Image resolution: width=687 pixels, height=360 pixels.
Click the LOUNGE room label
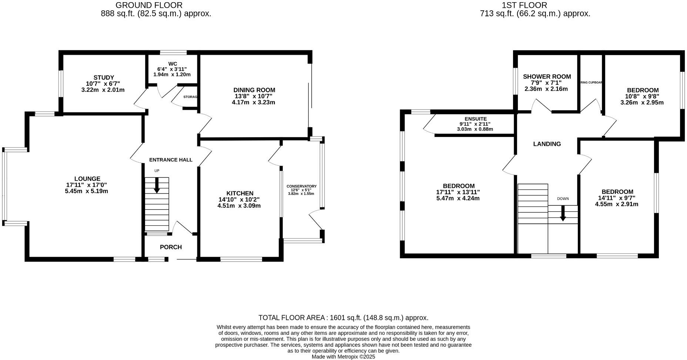(x=87, y=179)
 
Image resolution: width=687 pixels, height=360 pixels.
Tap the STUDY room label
(x=104, y=78)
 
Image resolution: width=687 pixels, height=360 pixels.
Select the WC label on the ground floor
(x=172, y=64)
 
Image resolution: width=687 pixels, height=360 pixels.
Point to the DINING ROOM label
(x=254, y=90)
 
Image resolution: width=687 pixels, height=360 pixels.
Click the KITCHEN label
(x=240, y=193)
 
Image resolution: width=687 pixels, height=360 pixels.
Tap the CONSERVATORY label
(x=301, y=186)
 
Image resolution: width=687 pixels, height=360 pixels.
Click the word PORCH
(x=171, y=247)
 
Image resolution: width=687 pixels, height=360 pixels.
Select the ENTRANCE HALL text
(x=171, y=160)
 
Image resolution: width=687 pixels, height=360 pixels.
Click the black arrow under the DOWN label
(x=563, y=214)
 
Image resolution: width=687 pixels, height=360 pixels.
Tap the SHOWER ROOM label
(x=547, y=77)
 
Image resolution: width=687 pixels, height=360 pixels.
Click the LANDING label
(x=547, y=144)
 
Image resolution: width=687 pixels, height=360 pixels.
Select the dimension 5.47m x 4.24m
(x=458, y=198)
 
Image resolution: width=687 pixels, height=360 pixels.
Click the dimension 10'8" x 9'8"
(x=643, y=97)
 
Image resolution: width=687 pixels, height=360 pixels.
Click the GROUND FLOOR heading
(x=149, y=5)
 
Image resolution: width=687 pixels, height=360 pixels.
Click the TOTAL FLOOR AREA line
(x=343, y=318)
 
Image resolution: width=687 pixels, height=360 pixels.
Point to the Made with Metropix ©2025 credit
(x=343, y=357)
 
